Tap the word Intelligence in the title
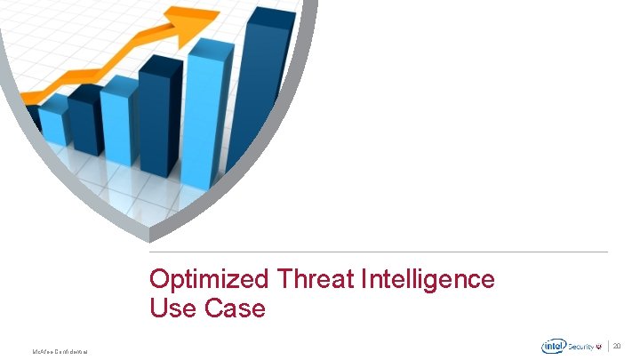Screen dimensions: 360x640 coord(428,279)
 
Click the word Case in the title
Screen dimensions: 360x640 coord(236,308)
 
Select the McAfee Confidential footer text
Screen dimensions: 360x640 coord(60,352)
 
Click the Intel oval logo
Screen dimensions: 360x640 coord(553,347)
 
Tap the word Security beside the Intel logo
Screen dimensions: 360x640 coord(583,347)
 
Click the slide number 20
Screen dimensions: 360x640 coord(619,345)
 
